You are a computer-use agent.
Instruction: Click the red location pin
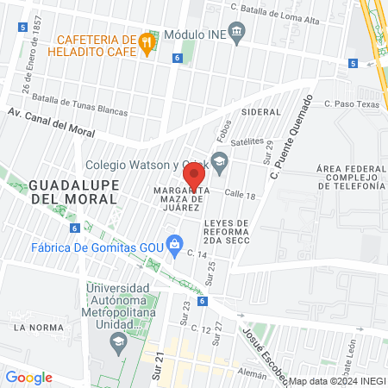(x=195, y=175)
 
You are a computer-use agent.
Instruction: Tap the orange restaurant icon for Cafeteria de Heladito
(x=147, y=41)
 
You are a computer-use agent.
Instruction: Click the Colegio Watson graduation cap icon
(x=220, y=160)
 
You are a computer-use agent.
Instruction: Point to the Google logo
(x=29, y=377)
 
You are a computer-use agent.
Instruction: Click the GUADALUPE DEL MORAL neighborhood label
(x=72, y=191)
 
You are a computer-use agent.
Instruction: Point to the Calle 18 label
(x=242, y=197)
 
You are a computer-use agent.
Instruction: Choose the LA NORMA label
(x=34, y=328)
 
